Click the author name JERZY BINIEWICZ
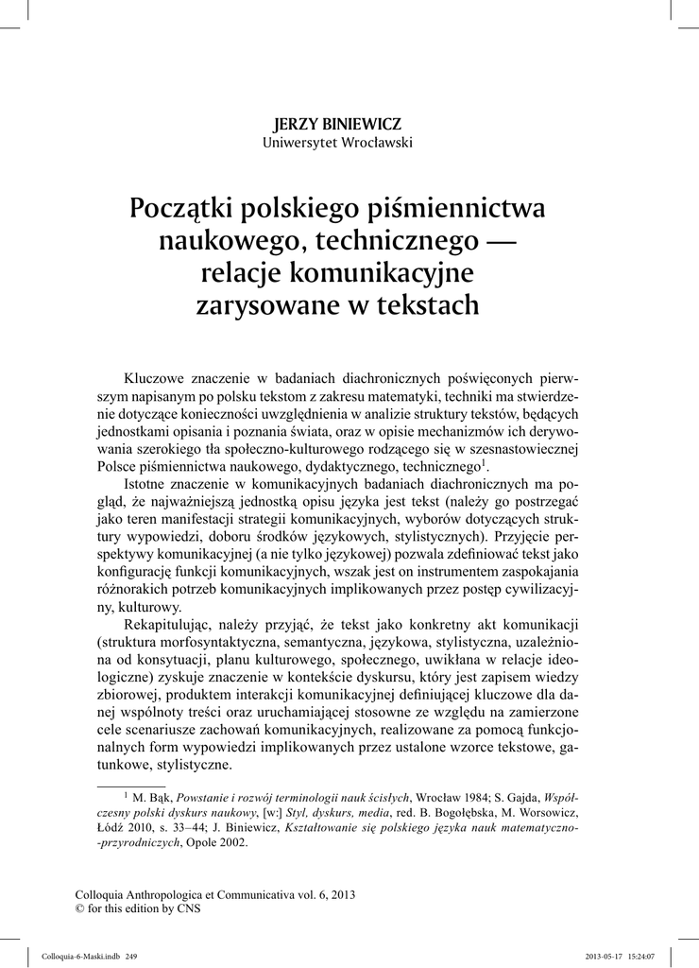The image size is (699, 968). point(337,124)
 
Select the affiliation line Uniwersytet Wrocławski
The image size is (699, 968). point(337,143)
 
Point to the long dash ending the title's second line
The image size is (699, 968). point(506,241)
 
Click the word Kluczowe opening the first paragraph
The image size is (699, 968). point(157,379)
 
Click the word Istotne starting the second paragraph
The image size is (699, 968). point(148,484)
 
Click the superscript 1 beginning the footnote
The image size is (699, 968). point(127,796)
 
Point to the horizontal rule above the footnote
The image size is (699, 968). point(131,786)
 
